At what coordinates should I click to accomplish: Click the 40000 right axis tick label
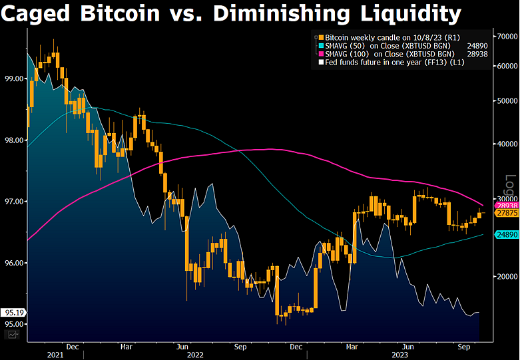(505, 144)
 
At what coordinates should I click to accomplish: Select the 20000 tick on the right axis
(505, 276)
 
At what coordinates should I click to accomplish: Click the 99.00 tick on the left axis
(14, 79)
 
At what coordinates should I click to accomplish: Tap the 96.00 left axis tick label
(14, 263)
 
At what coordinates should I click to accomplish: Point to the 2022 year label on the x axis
(194, 355)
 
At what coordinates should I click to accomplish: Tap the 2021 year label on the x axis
(56, 355)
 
